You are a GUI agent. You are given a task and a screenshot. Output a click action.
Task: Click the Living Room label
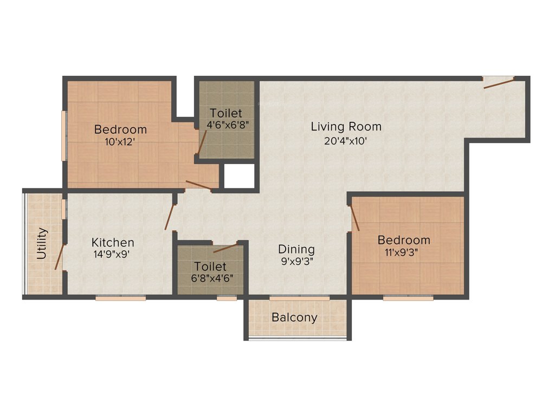coord(346,127)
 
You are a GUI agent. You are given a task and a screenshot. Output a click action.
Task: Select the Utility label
coord(42,244)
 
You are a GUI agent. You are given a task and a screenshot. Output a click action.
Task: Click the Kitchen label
coord(113,242)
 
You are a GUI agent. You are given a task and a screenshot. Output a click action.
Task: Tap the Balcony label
coord(294,317)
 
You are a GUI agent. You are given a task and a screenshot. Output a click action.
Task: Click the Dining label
coord(296,249)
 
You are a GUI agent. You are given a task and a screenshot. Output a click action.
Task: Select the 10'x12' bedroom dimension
coord(120,142)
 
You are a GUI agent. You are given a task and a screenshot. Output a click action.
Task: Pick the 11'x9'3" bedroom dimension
coord(404,252)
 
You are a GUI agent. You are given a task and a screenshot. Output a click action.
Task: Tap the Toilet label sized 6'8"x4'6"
coord(210,266)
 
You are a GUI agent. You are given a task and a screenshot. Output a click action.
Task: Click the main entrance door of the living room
coord(499,82)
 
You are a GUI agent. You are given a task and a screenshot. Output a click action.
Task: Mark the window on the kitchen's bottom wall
coord(120,297)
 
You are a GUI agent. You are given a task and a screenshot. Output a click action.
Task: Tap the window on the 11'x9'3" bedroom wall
coord(408,297)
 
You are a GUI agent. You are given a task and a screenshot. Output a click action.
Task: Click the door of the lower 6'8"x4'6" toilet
coord(225,248)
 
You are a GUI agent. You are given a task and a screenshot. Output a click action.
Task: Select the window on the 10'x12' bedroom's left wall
coord(64,135)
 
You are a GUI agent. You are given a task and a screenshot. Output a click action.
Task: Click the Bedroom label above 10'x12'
coord(120,129)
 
